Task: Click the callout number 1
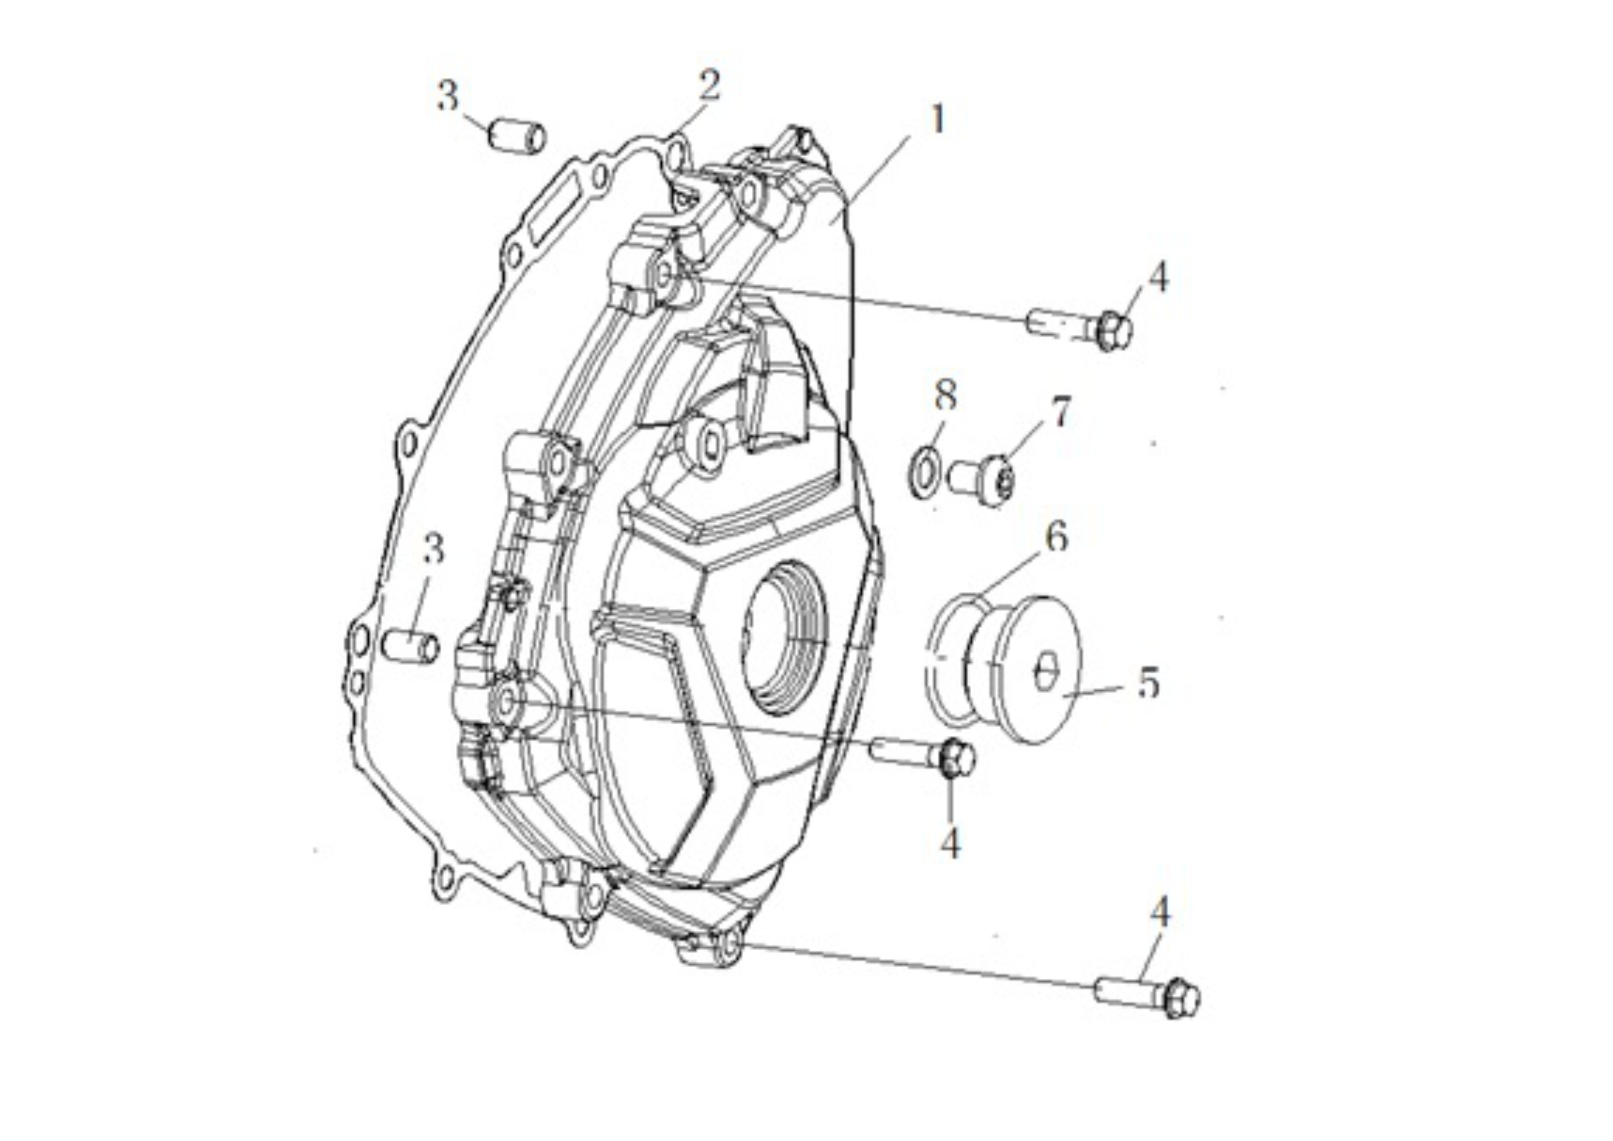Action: coord(937,120)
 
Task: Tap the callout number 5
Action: coord(1148,682)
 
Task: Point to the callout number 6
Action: coord(1056,538)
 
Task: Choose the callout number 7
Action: coord(1061,411)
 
